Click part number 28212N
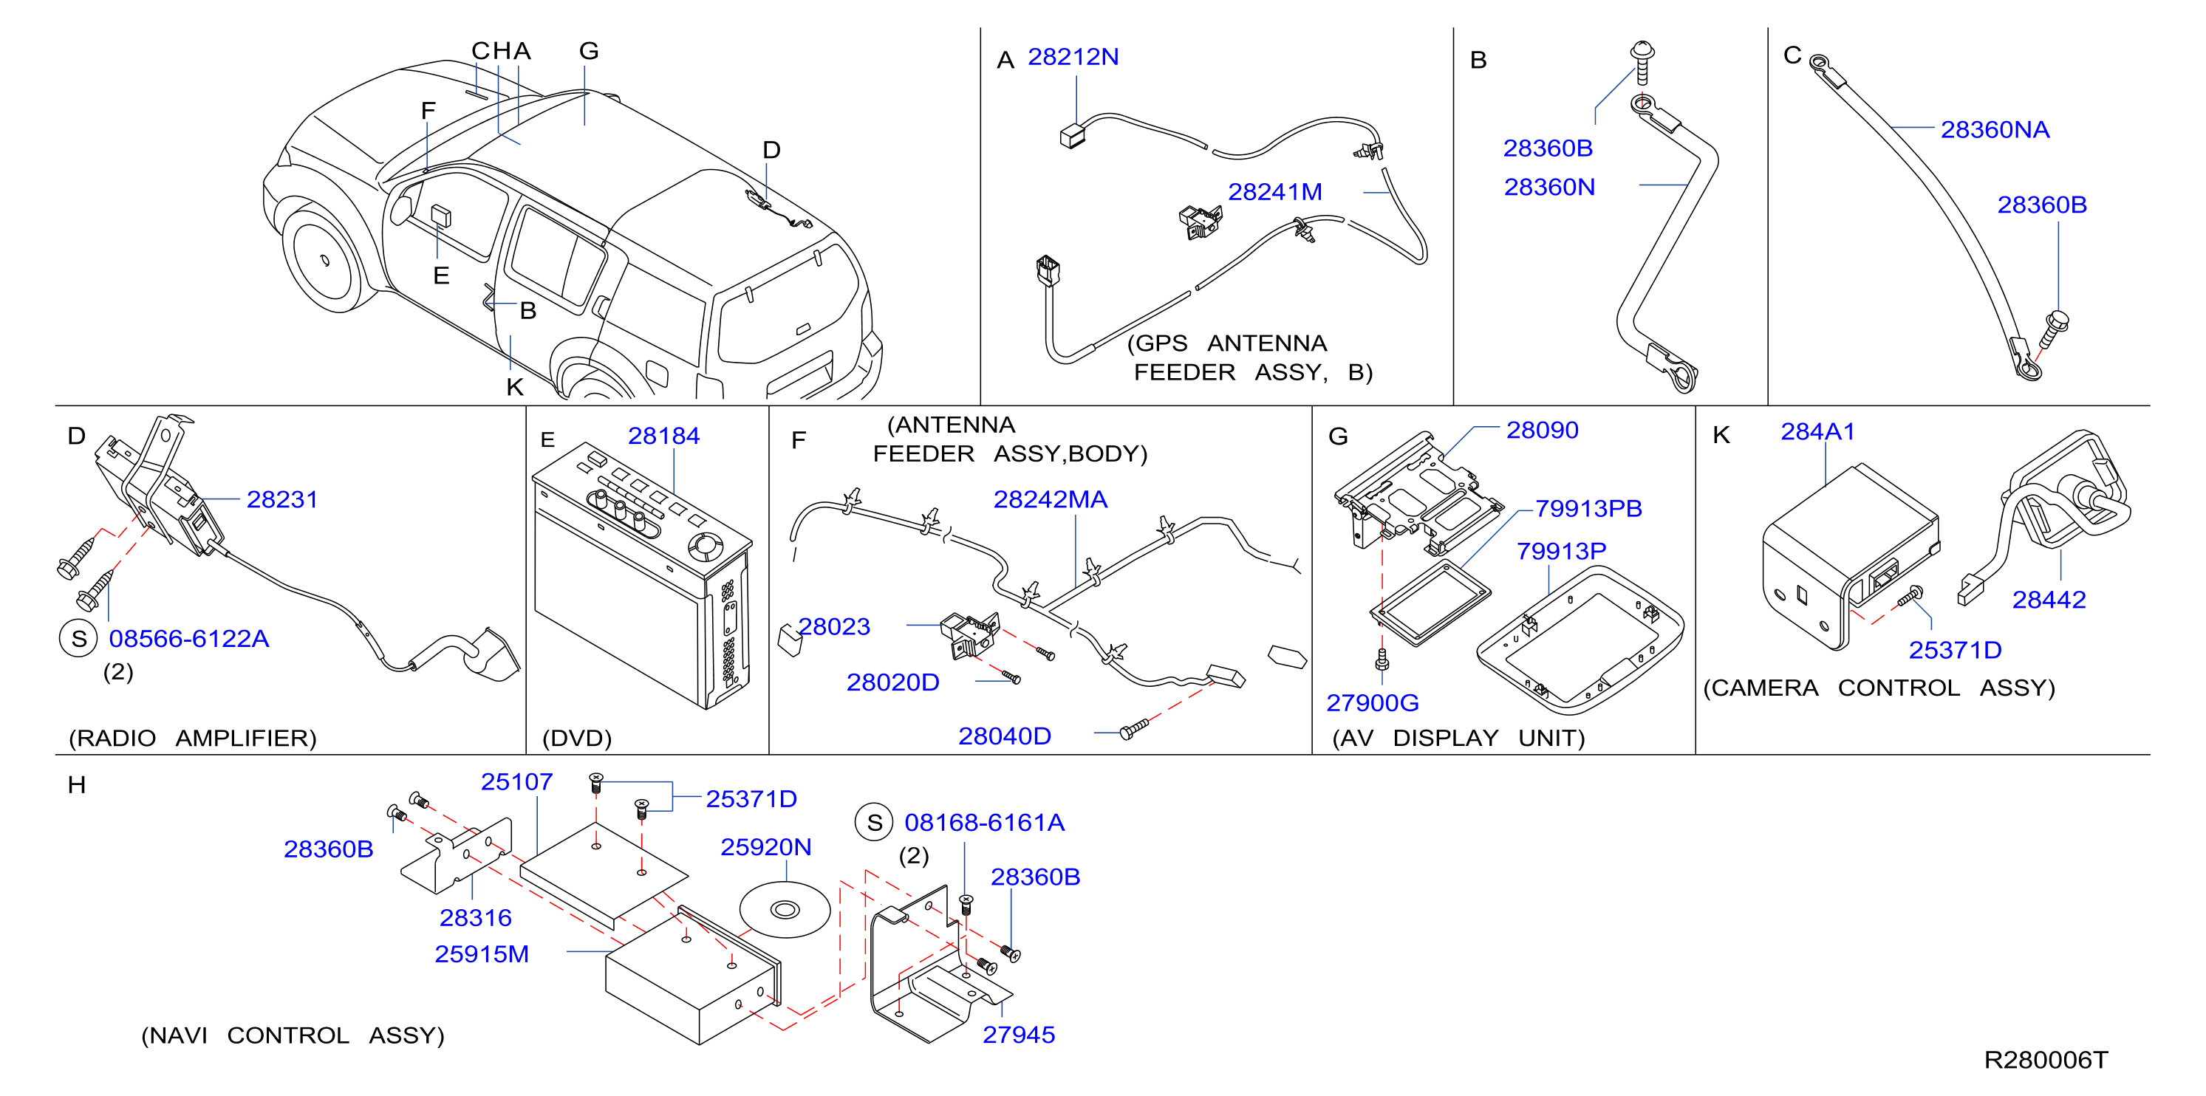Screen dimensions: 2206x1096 [x=1072, y=57]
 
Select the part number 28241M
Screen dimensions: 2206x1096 [x=1274, y=192]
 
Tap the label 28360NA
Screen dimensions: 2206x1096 [x=1995, y=129]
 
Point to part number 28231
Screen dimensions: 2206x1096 [x=281, y=499]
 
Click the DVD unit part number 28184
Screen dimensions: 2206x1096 [x=663, y=436]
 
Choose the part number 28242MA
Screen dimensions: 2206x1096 [x=1050, y=499]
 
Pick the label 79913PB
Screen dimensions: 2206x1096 [x=1588, y=509]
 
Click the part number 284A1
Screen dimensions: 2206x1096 [x=1817, y=431]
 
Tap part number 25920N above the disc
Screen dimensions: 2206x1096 [x=765, y=847]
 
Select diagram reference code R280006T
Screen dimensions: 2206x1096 [x=2045, y=1060]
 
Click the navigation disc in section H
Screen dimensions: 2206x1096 [x=785, y=909]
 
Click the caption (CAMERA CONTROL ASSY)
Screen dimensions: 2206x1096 [x=1879, y=688]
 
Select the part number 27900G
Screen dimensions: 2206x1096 [x=1372, y=703]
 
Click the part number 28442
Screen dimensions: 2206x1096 [x=2049, y=600]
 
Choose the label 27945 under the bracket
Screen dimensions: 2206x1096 [x=1018, y=1035]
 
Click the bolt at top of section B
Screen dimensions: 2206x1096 [x=1642, y=61]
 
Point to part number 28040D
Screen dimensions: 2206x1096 [x=1004, y=736]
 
